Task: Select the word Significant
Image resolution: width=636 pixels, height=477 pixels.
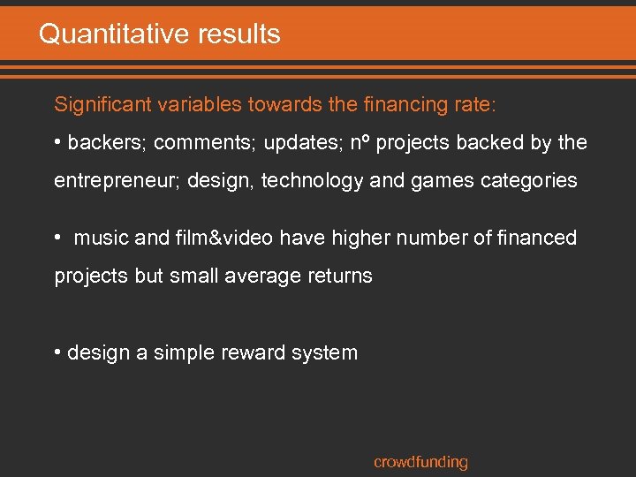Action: (102, 104)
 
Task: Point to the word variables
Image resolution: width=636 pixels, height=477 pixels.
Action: (196, 104)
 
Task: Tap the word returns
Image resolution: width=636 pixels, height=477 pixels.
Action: (339, 276)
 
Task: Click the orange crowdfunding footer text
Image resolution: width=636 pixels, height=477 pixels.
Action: (420, 461)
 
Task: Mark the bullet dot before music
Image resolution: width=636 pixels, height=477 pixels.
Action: (58, 238)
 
